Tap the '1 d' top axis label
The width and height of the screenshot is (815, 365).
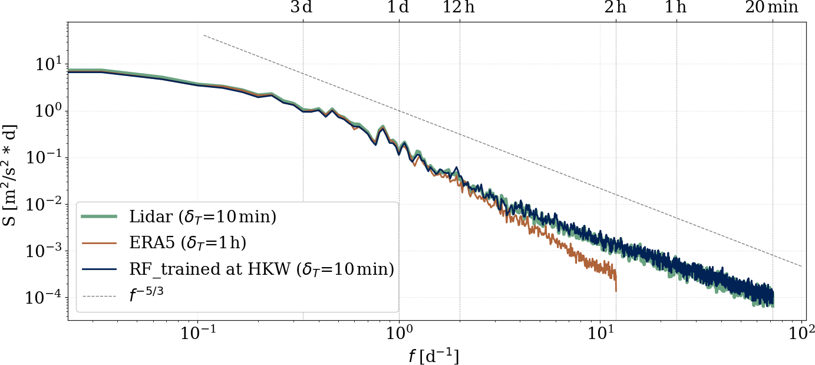[x=398, y=8]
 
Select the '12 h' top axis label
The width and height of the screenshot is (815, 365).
[x=459, y=8]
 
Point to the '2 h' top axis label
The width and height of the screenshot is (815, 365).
[x=616, y=8]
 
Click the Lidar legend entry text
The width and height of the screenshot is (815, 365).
[x=203, y=218]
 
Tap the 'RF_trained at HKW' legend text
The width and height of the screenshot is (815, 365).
[x=261, y=269]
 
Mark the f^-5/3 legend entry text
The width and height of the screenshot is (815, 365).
[x=146, y=295]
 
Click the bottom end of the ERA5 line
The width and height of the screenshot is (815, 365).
[x=616, y=290]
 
